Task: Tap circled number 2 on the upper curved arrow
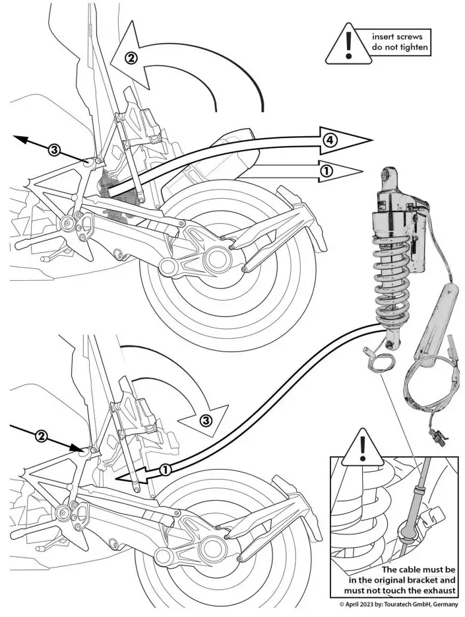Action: [x=131, y=57]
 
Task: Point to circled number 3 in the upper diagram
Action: [x=54, y=150]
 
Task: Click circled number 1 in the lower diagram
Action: [x=166, y=469]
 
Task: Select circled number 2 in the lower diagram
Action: [x=41, y=436]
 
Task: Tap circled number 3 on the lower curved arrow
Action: [x=205, y=420]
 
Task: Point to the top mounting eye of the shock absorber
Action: [x=388, y=176]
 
